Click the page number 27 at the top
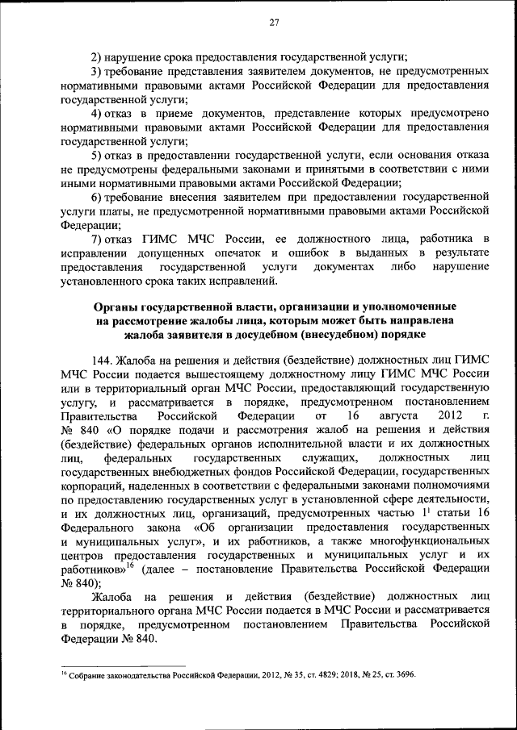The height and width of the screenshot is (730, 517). click(x=274, y=23)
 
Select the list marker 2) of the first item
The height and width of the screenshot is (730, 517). click(x=96, y=56)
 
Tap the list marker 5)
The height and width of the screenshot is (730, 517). click(x=96, y=155)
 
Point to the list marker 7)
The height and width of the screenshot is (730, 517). click(x=96, y=240)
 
